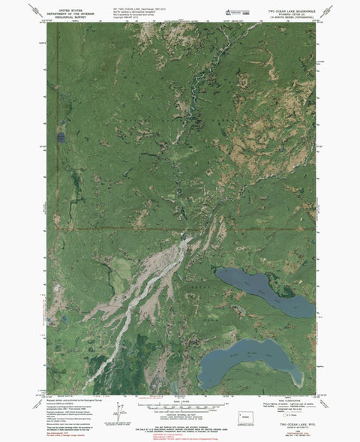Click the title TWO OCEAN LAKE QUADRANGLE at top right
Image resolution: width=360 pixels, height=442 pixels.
(x=285, y=8)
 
